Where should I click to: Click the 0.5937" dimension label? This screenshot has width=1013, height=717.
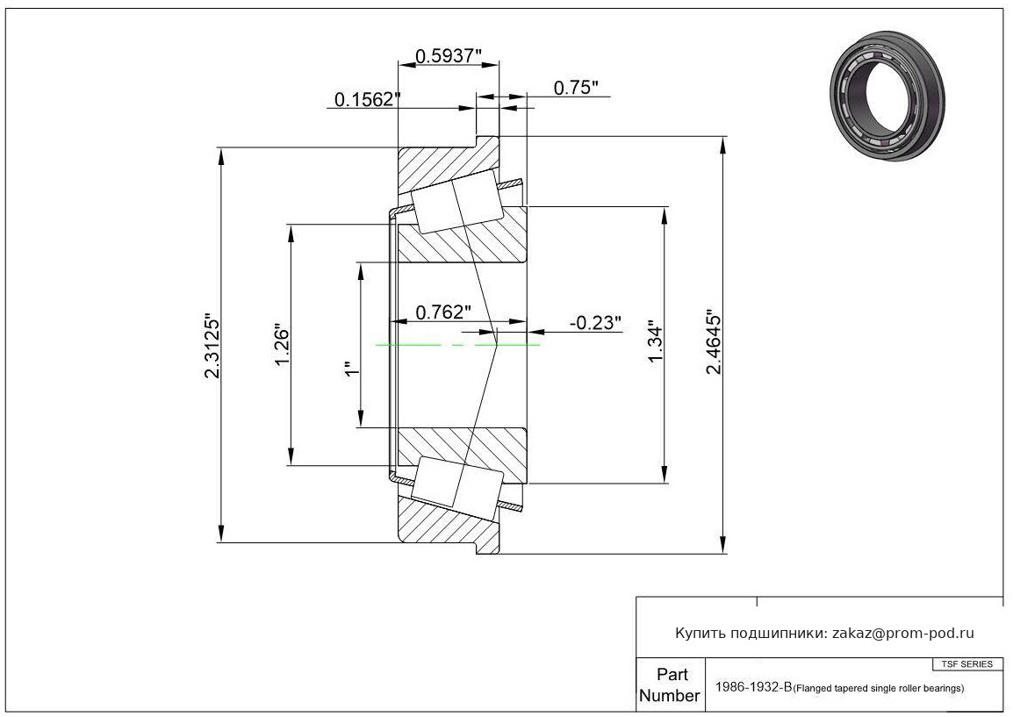pyautogui.click(x=449, y=56)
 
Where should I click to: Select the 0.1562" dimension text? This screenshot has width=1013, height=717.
pyautogui.click(x=368, y=99)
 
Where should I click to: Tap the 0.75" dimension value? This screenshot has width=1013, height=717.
pyautogui.click(x=576, y=88)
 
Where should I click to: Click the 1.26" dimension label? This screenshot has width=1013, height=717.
pyautogui.click(x=283, y=344)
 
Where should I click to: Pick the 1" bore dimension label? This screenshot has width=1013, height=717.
pyautogui.click(x=352, y=369)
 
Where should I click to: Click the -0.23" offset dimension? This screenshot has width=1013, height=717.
pyautogui.click(x=594, y=322)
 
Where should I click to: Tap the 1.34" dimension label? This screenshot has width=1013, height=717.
pyautogui.click(x=655, y=341)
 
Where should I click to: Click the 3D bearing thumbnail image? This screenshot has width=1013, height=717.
pyautogui.click(x=887, y=95)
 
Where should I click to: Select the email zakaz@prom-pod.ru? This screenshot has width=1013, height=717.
pyautogui.click(x=902, y=634)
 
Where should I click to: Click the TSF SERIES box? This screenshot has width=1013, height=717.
pyautogui.click(x=967, y=664)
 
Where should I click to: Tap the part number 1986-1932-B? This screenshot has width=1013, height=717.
pyautogui.click(x=753, y=686)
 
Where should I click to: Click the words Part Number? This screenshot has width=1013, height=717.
pyautogui.click(x=670, y=685)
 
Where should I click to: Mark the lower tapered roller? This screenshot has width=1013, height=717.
pyautogui.click(x=457, y=489)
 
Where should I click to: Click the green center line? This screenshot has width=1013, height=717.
pyautogui.click(x=457, y=345)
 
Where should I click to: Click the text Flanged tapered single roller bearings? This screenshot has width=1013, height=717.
pyautogui.click(x=879, y=689)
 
